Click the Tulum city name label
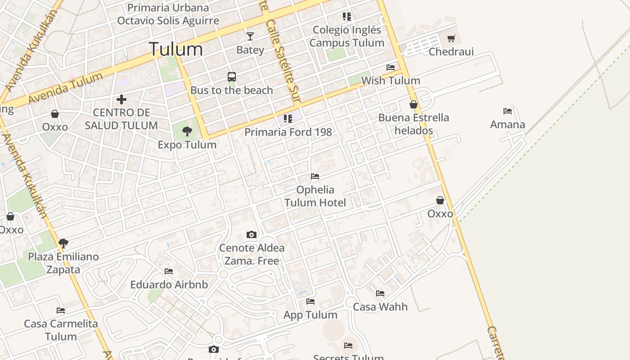(x=175, y=49)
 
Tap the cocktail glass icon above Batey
(x=250, y=36)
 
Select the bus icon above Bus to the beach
(x=232, y=77)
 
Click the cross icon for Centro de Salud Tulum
(x=121, y=99)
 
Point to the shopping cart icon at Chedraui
(x=451, y=38)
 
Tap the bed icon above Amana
(x=508, y=111)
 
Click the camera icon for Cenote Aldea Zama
(x=252, y=234)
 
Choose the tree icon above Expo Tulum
(x=187, y=131)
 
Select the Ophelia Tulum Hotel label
(x=315, y=196)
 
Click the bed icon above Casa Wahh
(x=380, y=293)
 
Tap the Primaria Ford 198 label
(x=288, y=132)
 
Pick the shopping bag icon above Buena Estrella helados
(x=414, y=104)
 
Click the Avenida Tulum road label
(x=66, y=88)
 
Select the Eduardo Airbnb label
(x=169, y=284)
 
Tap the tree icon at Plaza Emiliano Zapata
(x=63, y=243)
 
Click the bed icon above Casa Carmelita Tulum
(x=61, y=310)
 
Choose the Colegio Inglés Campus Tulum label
(x=346, y=36)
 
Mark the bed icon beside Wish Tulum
(x=391, y=67)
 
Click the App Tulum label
(x=310, y=315)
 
